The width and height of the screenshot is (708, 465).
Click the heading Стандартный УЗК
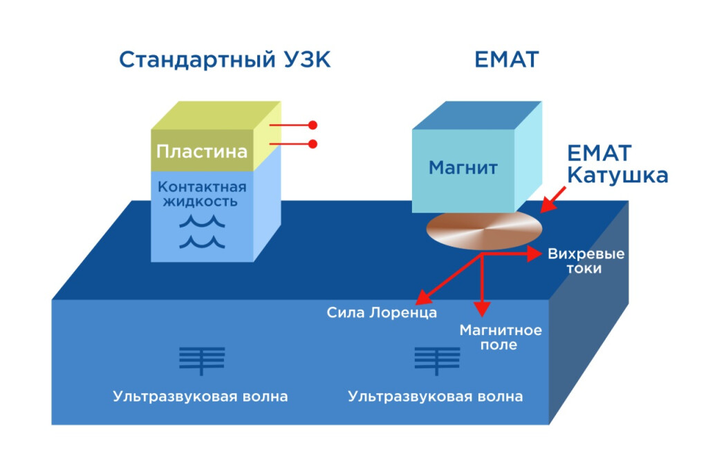point(225,60)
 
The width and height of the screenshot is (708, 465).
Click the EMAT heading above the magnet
point(506,60)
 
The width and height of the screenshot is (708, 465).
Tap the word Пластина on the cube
point(201,151)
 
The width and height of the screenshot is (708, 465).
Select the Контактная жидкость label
point(201,194)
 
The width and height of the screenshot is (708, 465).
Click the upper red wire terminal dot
point(313,125)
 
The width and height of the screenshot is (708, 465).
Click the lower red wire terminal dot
point(313,144)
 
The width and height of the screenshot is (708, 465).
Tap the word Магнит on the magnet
point(463,168)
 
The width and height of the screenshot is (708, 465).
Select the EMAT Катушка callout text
point(617,164)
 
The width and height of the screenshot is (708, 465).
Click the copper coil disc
point(483,229)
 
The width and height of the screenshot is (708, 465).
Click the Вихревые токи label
point(586,261)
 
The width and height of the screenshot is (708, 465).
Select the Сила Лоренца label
point(382,313)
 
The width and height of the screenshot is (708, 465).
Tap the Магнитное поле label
point(501,337)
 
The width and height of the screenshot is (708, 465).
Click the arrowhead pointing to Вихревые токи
point(535,254)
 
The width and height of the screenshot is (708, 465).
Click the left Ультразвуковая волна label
point(201,397)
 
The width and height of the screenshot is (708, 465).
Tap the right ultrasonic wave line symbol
point(436,360)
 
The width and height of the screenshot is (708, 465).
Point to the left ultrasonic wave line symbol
point(201,360)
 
